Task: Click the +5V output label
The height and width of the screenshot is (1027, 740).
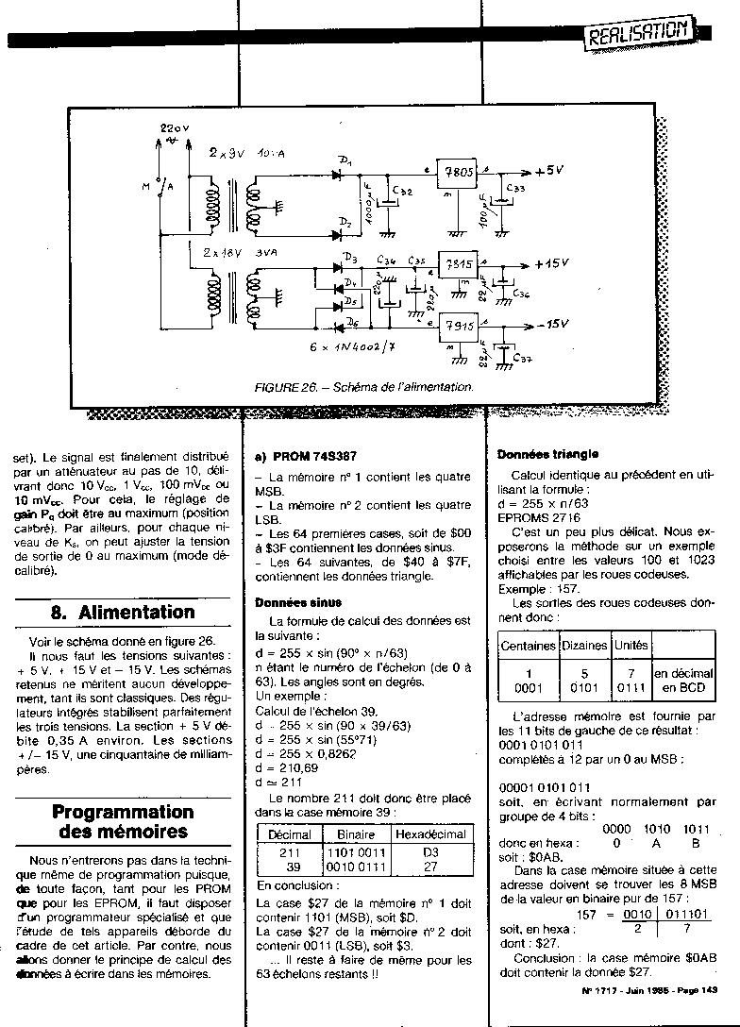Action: coord(550,172)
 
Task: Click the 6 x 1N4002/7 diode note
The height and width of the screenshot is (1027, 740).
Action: coord(354,348)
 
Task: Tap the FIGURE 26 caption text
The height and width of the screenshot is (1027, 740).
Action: coord(363,387)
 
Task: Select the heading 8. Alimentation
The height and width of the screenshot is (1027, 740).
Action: coord(123,612)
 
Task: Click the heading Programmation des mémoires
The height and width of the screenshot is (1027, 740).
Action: coord(123,821)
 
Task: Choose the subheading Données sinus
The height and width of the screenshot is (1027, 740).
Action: coord(298,602)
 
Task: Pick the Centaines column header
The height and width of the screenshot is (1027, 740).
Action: coord(528,646)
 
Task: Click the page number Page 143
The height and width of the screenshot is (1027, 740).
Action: coord(697,989)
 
